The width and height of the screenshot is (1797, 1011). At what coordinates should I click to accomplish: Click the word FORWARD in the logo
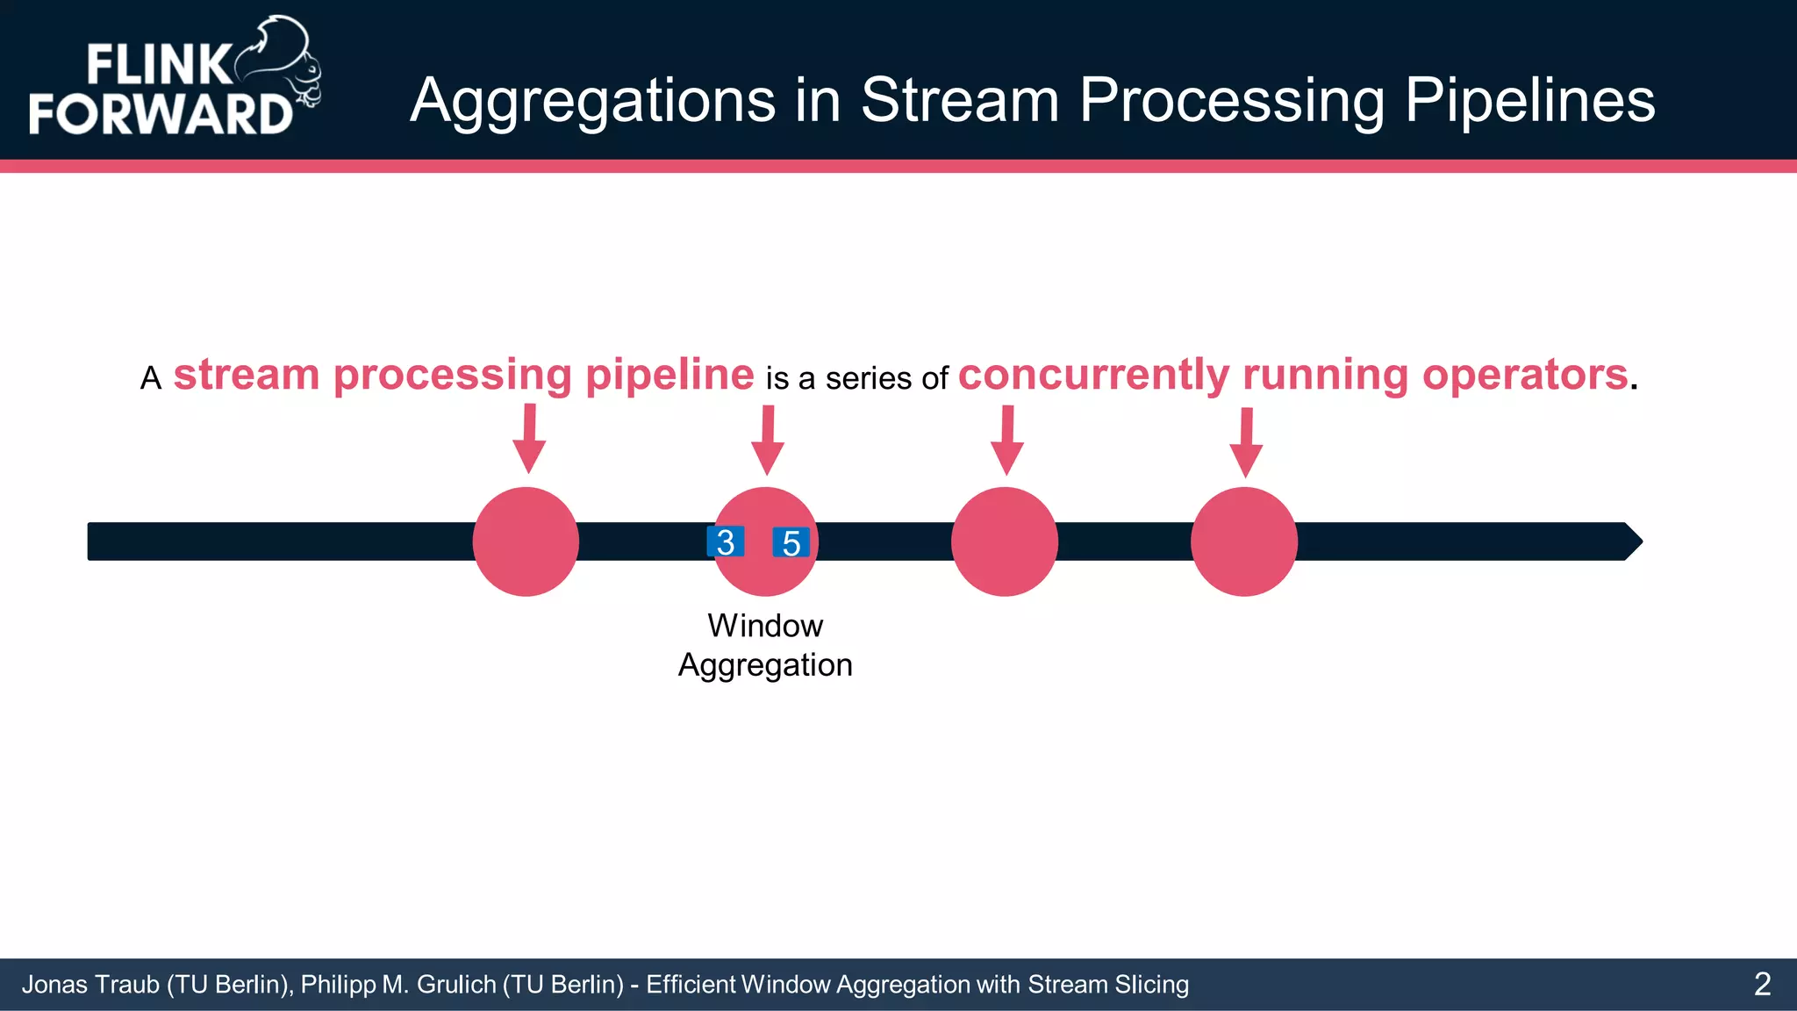pos(160,114)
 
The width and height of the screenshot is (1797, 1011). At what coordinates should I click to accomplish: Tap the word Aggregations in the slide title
pos(593,100)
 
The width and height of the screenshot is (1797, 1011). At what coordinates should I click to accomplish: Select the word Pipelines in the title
pos(1529,100)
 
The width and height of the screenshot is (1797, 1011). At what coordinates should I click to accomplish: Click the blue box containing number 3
pos(726,541)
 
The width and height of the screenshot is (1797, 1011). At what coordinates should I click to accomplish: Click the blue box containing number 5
pos(791,542)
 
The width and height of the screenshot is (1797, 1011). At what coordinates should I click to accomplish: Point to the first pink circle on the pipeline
pos(526,541)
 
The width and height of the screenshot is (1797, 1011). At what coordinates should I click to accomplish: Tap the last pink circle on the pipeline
pos(1243,541)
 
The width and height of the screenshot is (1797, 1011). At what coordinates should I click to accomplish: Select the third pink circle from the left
pos(1004,541)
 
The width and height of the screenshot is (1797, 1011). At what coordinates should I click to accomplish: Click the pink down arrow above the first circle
pos(529,439)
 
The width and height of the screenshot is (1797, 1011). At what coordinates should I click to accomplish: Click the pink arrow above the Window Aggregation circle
pos(768,441)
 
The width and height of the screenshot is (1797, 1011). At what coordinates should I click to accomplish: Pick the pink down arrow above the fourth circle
pos(1246,442)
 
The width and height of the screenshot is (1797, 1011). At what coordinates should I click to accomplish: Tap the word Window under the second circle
pos(765,626)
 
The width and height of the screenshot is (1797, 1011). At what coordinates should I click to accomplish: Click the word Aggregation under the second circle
pos(765,665)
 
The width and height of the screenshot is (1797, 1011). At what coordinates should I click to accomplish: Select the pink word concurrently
pos(1093,375)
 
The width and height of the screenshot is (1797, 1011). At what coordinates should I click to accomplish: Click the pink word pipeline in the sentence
pos(669,375)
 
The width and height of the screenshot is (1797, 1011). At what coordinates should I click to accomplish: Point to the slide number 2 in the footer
pos(1762,984)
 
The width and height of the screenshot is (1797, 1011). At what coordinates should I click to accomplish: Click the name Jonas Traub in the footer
pos(90,985)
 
